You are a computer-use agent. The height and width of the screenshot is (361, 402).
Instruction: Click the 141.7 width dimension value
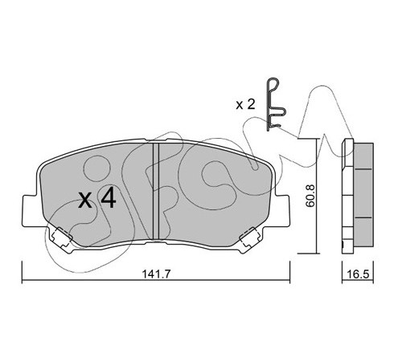coord(156,274)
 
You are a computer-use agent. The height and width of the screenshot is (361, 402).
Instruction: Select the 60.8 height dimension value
coord(311,196)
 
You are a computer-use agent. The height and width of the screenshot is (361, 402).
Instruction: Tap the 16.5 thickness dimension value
coord(358,274)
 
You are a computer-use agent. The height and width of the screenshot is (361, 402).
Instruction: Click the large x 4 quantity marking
coord(97,199)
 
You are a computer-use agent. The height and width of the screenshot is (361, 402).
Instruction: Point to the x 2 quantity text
coord(245,104)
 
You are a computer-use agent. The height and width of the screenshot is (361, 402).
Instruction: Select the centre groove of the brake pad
coord(156,191)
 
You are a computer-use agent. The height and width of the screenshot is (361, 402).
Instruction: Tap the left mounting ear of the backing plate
coord(29,211)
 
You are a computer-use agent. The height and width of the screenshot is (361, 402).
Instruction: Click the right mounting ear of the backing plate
coord(282,211)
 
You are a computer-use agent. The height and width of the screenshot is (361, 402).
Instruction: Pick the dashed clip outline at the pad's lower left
coord(62,237)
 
